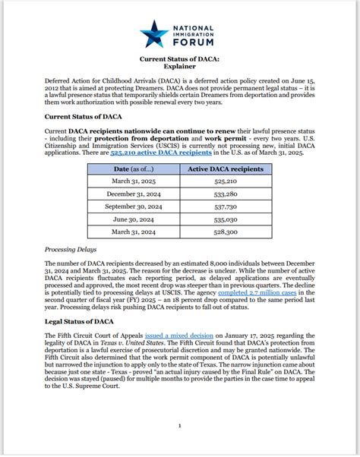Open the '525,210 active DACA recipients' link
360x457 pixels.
pos(150,153)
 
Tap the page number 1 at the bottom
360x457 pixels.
pos(179,426)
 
